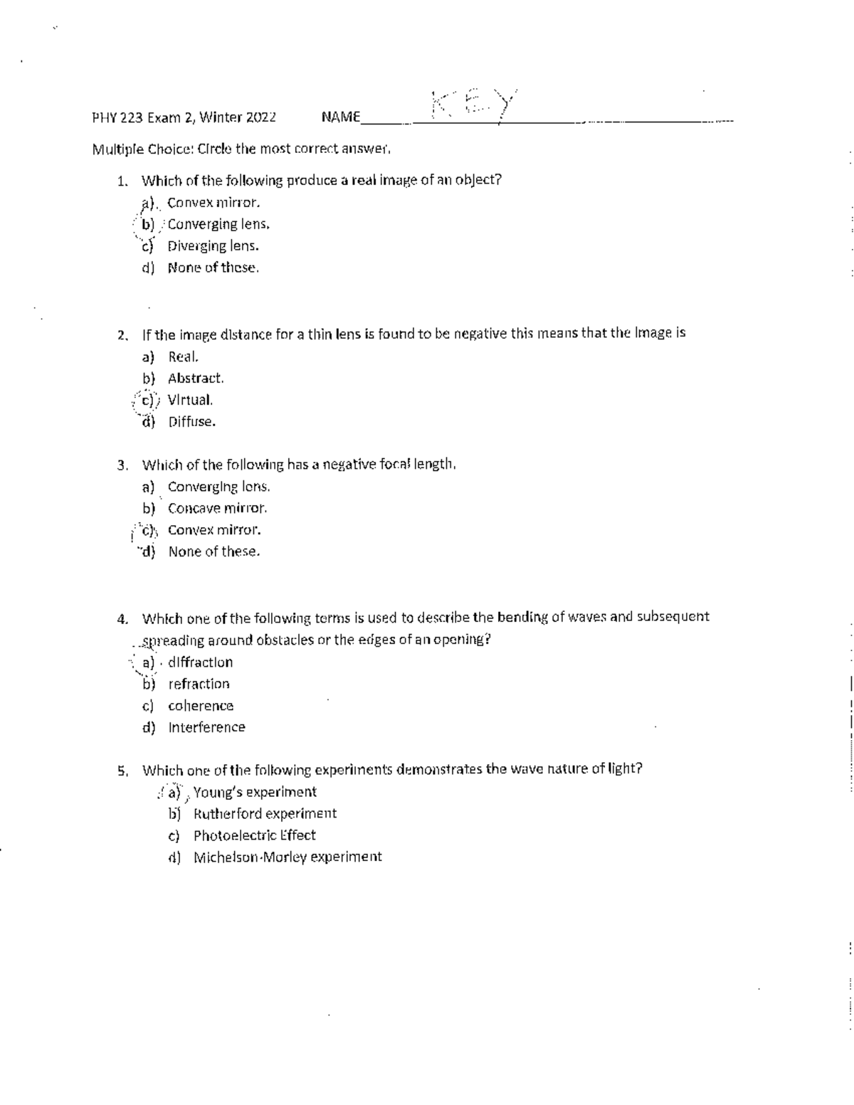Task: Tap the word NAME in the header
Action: point(340,117)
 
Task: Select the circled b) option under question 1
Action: point(148,224)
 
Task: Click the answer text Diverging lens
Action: point(213,246)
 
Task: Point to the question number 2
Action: point(122,334)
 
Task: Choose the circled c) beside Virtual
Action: point(148,400)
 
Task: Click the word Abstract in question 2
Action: point(195,379)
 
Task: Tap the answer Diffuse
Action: point(191,422)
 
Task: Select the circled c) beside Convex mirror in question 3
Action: point(148,530)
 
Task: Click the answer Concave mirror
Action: point(217,509)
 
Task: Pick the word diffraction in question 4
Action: point(200,662)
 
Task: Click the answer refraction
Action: point(199,684)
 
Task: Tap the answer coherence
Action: point(201,706)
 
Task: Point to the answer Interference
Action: point(206,728)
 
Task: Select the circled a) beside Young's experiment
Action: point(173,792)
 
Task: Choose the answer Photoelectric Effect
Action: point(254,835)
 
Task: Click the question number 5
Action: point(122,771)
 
